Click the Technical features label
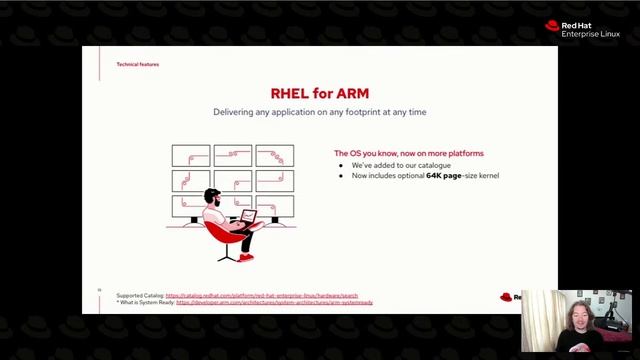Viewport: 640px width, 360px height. [x=137, y=64]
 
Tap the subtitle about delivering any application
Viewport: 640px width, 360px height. [x=319, y=112]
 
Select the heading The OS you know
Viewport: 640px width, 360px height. [x=408, y=153]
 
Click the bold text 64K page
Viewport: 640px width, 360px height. [x=443, y=176]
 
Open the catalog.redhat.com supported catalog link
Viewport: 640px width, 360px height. [x=261, y=295]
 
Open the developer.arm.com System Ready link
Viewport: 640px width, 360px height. [x=274, y=302]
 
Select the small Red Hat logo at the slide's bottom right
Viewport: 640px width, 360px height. [x=507, y=297]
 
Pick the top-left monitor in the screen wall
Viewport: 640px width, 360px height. [x=190, y=155]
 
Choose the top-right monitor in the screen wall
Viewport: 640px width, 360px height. [x=274, y=155]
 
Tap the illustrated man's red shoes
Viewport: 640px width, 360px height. [x=246, y=257]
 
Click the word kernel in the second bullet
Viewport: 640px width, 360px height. [x=487, y=176]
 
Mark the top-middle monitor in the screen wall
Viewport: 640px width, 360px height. [x=232, y=155]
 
